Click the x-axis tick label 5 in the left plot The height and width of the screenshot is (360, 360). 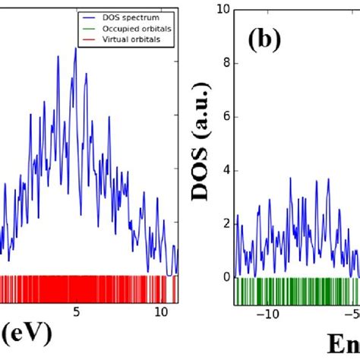pos(75,312)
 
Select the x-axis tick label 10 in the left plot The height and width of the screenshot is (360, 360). pos(160,312)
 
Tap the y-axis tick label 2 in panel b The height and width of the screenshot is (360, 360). pos(226,223)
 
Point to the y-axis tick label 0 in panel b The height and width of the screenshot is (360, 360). pos(226,277)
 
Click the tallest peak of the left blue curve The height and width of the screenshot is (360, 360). pos(75,49)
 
